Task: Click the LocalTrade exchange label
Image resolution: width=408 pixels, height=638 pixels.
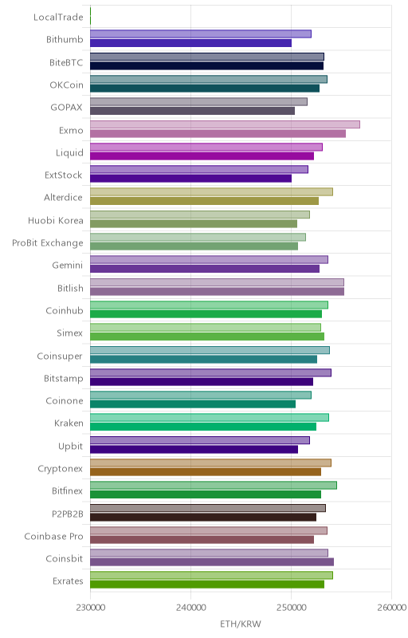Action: pos(58,17)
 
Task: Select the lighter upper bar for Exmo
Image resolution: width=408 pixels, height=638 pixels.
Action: pos(225,124)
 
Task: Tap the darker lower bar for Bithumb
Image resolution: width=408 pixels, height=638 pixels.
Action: pos(190,43)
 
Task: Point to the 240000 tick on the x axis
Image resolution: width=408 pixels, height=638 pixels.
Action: pos(190,608)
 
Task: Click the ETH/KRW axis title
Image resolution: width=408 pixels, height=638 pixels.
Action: pos(241,624)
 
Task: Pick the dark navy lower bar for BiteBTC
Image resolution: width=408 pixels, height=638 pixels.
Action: pos(207,65)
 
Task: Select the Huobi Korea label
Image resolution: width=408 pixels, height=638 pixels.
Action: pos(55,221)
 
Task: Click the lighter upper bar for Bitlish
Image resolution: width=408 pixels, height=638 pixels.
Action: pos(217,282)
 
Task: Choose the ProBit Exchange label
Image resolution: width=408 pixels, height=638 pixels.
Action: pos(48,243)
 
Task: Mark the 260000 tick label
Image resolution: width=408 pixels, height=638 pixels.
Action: pos(391,608)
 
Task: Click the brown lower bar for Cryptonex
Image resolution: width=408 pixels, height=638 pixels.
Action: pos(206,472)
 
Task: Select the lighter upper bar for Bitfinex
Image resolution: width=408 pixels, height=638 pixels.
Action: pos(214,485)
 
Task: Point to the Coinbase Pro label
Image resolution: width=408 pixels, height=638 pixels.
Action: pos(53,536)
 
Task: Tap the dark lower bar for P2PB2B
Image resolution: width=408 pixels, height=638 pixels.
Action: pos(203,517)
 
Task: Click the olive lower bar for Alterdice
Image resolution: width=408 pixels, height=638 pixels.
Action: pos(205,201)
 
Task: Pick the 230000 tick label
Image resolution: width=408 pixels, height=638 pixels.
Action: pos(90,608)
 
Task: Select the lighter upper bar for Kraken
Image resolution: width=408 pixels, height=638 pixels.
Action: pos(210,417)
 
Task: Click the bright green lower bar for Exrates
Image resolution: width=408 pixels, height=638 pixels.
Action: pos(207,585)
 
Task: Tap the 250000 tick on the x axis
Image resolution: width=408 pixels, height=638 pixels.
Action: pos(291,608)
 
